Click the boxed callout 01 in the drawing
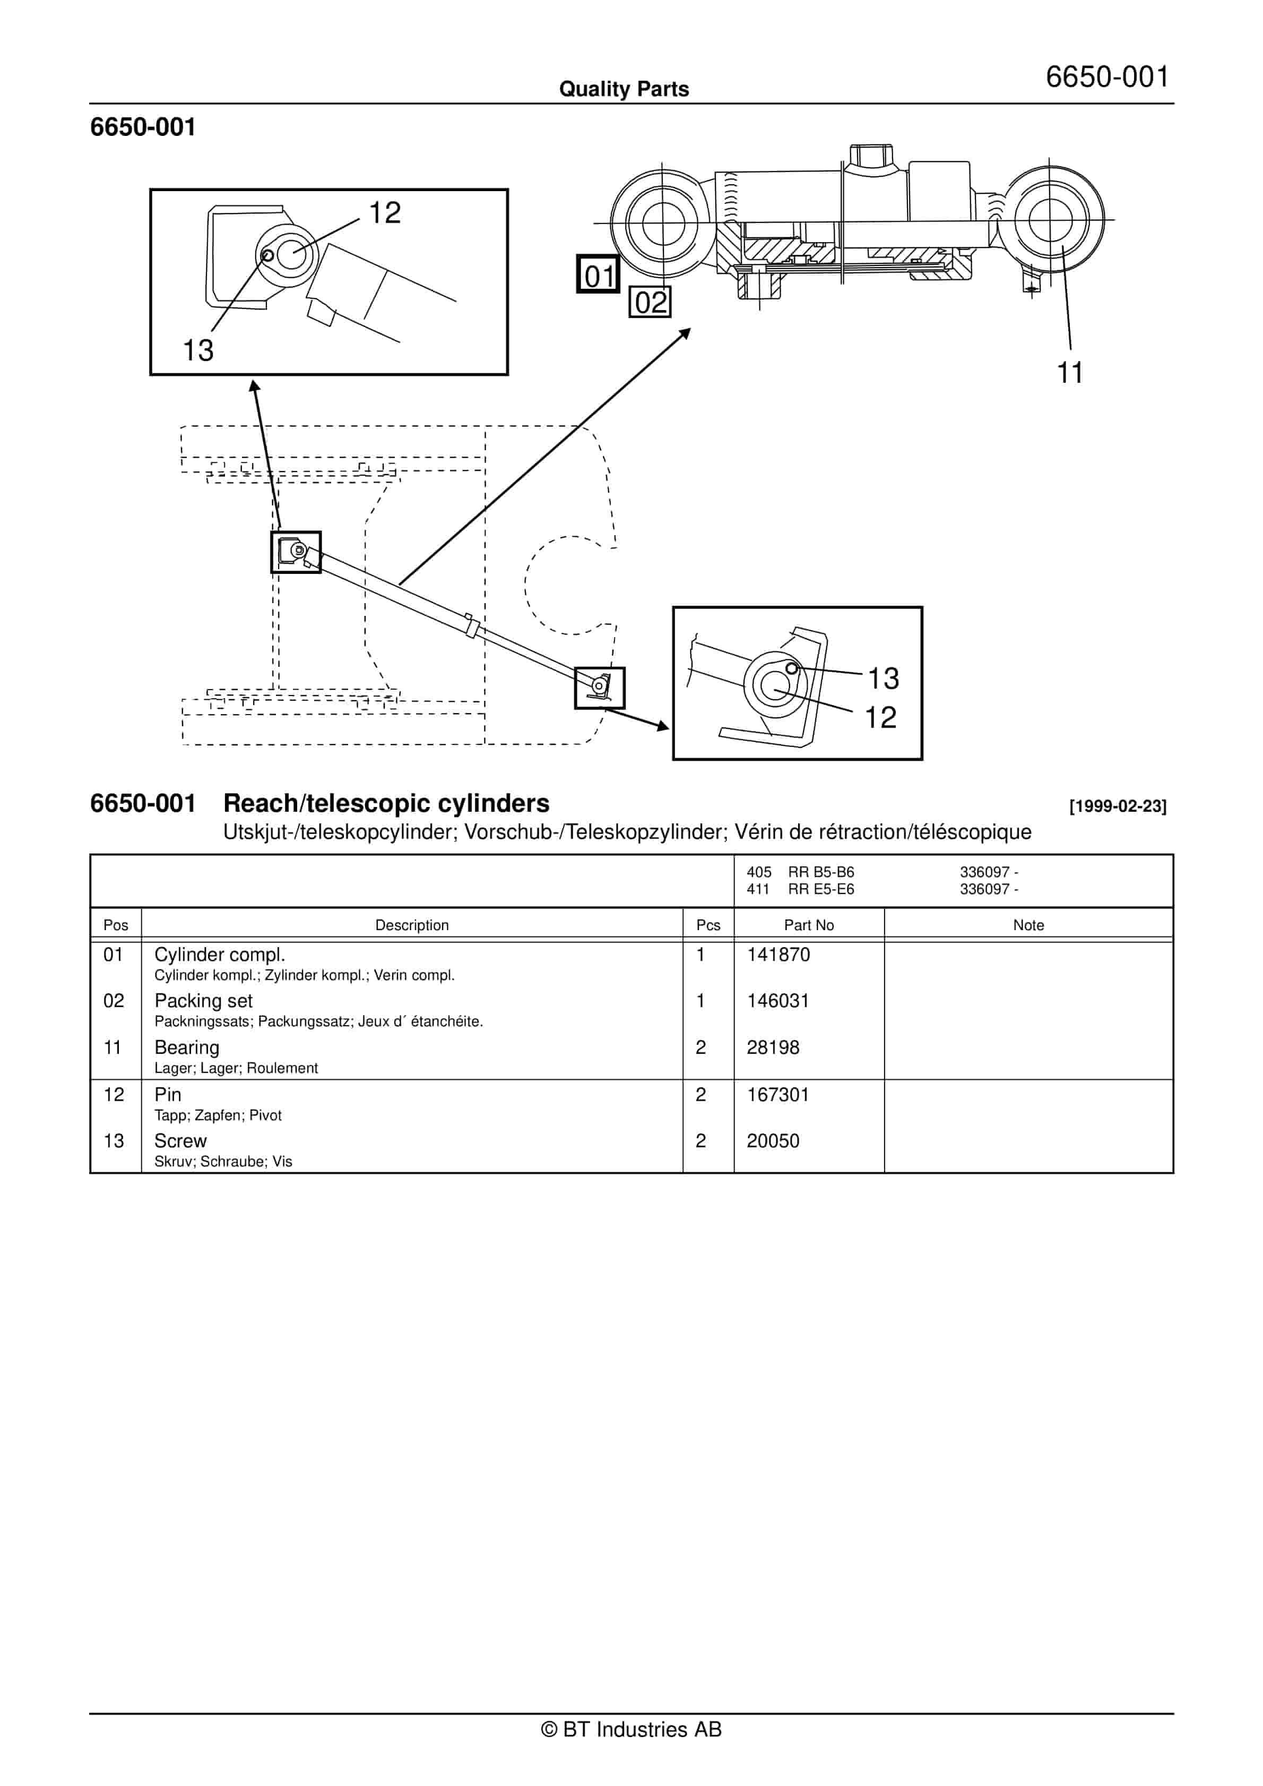pos(598,274)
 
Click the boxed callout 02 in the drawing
pos(650,302)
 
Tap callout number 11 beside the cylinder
pos(1070,373)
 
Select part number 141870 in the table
pos(778,955)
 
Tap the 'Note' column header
pos(1028,925)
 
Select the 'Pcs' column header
pos(708,925)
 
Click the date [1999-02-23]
pos(1118,806)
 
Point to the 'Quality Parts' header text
pos(624,89)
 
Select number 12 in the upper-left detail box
pos(384,212)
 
